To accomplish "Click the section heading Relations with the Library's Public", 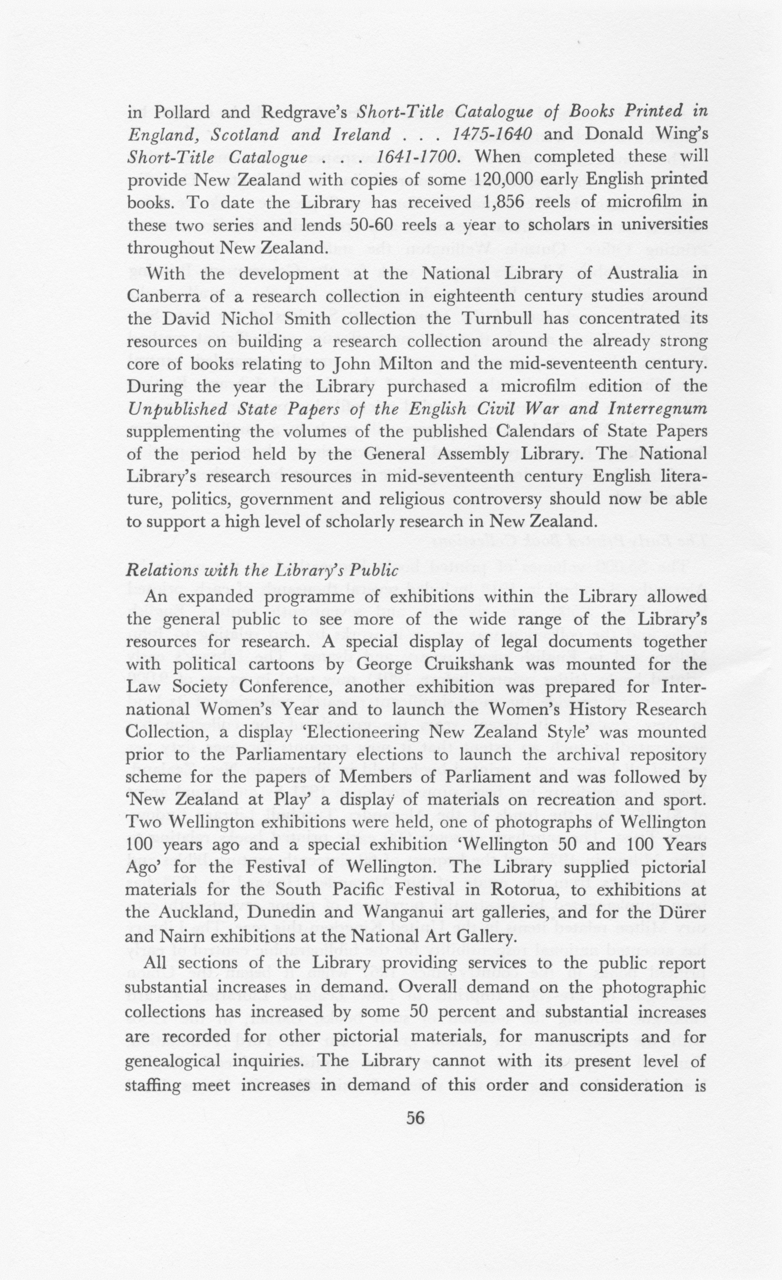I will click(x=262, y=571).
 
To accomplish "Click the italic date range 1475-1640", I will click(x=492, y=135).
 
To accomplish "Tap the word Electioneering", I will click(x=352, y=733).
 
